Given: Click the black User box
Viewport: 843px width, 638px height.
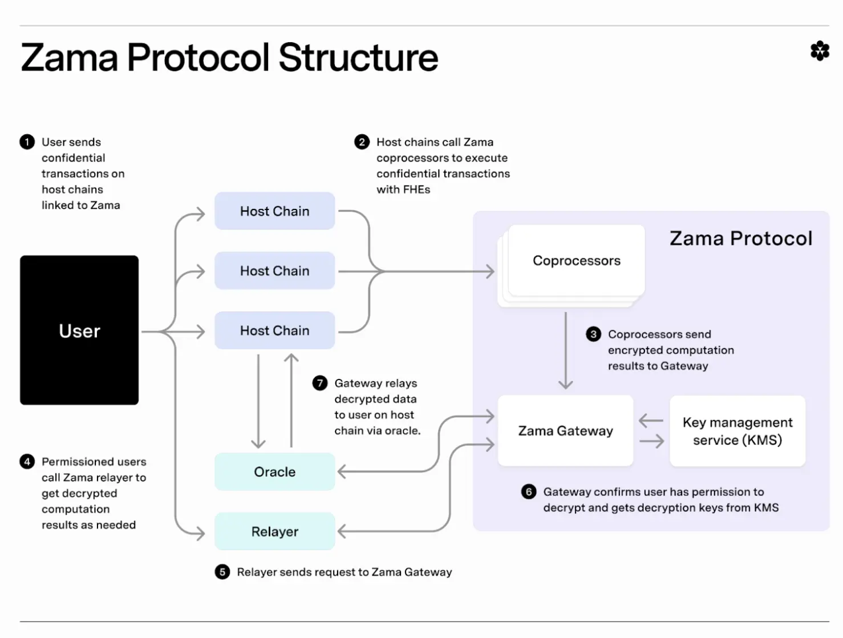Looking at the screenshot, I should (x=79, y=330).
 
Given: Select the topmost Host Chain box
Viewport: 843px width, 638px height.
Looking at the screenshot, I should (x=274, y=211).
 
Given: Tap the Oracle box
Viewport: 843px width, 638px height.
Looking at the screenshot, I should (x=274, y=472).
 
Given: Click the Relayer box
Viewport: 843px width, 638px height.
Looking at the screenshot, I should (x=274, y=531).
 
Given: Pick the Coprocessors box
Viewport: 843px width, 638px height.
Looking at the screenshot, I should (x=576, y=261).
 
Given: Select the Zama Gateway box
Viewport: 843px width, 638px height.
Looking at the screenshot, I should (x=565, y=431).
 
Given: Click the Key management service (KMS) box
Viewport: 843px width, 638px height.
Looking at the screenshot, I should (x=737, y=431).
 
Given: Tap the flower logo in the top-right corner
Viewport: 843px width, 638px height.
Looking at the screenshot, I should (x=820, y=51).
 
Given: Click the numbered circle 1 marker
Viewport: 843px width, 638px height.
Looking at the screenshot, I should (x=27, y=142).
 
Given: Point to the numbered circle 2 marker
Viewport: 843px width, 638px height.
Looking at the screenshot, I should (x=362, y=142).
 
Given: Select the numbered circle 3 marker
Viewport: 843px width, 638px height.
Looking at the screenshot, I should (x=593, y=334).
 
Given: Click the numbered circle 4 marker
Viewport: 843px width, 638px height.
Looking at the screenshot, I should (x=27, y=461).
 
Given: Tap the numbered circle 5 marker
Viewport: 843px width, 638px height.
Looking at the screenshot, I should (x=222, y=572).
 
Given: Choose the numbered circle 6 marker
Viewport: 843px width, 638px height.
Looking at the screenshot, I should (x=529, y=491).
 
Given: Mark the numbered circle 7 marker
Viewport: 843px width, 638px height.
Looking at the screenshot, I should (x=320, y=383).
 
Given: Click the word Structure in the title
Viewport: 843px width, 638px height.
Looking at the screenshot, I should (x=358, y=58).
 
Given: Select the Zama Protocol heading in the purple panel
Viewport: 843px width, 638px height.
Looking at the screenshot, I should (x=740, y=238).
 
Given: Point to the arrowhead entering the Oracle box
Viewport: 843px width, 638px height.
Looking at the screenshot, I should (x=342, y=472).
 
